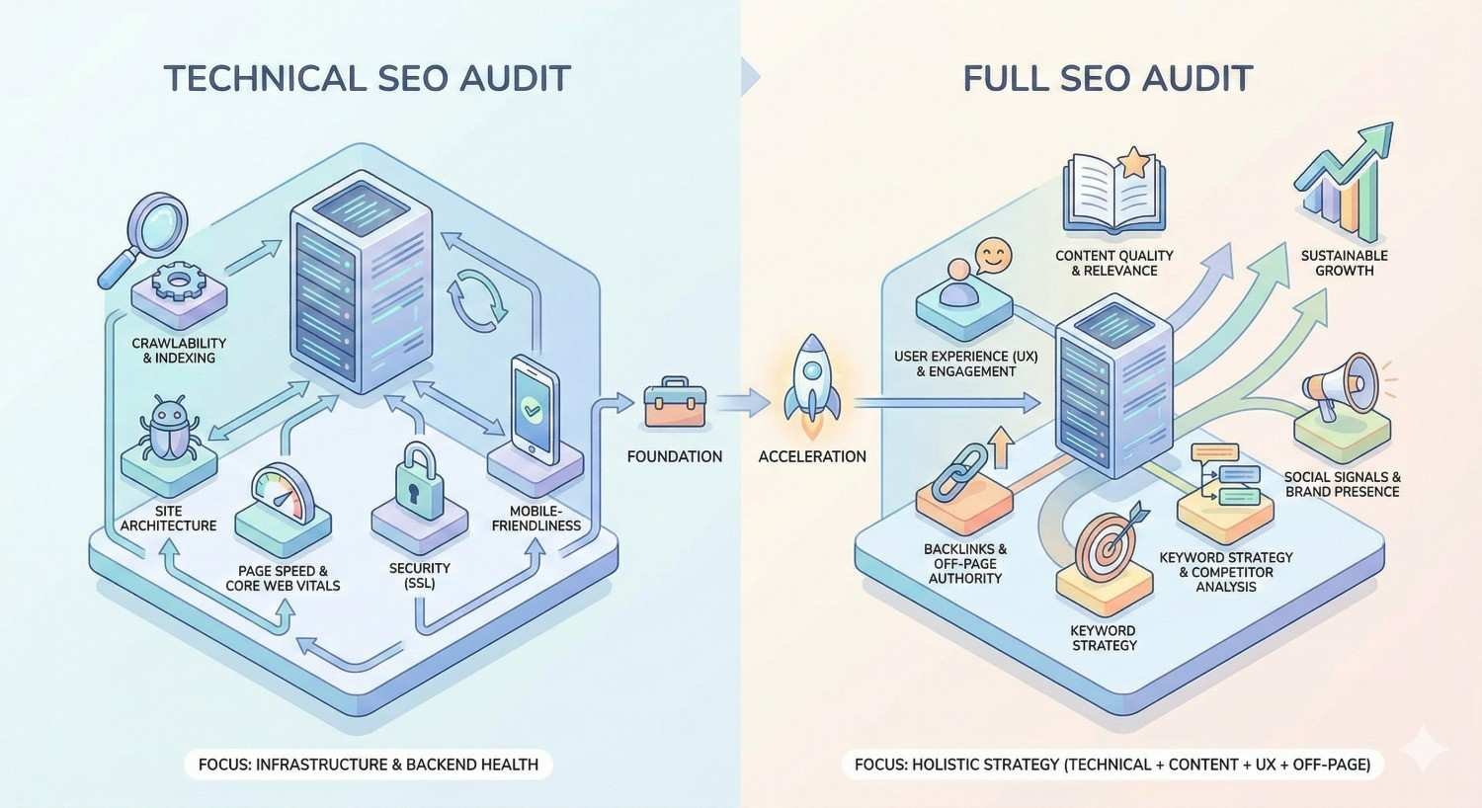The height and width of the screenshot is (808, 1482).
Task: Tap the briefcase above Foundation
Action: (x=675, y=402)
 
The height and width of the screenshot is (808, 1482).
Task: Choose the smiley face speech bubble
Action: (x=994, y=258)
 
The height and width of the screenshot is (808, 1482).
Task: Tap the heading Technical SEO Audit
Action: (x=367, y=78)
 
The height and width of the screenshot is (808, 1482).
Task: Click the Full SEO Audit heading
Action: (x=1109, y=78)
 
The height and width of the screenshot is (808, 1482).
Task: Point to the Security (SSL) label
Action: (x=419, y=575)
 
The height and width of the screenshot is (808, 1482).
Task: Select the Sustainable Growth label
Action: (x=1344, y=263)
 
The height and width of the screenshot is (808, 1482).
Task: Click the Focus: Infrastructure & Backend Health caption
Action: (x=369, y=764)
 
